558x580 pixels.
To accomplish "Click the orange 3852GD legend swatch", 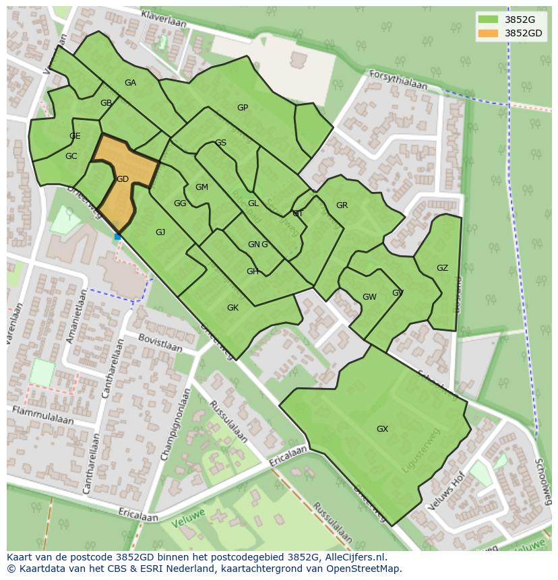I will pos(488,33).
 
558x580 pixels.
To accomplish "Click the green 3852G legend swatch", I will pos(488,20).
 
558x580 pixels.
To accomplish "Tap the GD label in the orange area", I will pos(122,179).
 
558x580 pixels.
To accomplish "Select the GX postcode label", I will pos(382,429).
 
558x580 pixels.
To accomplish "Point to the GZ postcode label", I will pos(442,268).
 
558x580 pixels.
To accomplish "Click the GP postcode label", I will pos(243,108).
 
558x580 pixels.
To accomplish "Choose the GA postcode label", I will pos(130,83).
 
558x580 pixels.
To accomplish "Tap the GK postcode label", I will pos(232,308).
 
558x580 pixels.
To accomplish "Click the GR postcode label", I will pos(342,205).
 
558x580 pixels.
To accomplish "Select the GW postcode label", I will pos(369,297).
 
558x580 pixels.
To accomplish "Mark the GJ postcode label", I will pos(160,232).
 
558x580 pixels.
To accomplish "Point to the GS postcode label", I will pos(220,143).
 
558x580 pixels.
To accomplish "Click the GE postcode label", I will pos(75,136).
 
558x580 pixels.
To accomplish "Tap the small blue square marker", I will pos(117,236).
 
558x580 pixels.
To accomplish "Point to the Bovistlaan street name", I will pos(160,342).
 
